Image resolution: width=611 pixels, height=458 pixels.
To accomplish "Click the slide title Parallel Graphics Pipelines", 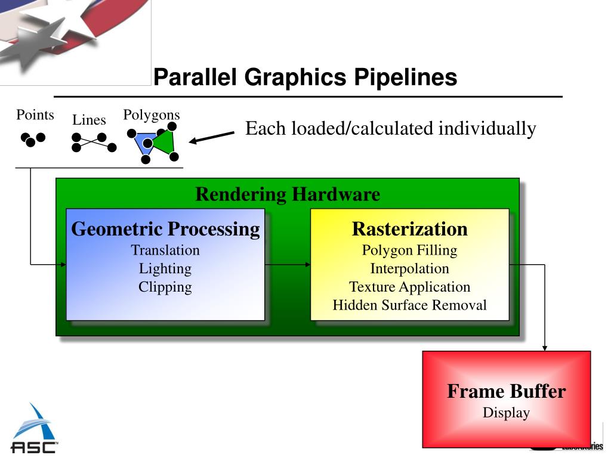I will [305, 78].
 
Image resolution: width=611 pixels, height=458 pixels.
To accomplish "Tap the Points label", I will [35, 114].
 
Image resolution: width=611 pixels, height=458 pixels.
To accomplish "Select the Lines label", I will [89, 120].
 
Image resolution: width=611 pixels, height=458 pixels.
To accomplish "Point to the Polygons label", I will [152, 114].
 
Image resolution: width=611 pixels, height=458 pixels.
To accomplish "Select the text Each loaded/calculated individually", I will [391, 128].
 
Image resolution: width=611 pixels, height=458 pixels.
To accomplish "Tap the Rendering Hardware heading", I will [288, 194].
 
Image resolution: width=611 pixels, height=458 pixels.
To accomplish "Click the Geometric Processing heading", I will [165, 229].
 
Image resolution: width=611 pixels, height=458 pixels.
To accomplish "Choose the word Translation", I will [165, 250].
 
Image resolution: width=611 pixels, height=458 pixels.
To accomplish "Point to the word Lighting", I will [165, 268].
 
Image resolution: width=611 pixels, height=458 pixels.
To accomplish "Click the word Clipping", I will [165, 287].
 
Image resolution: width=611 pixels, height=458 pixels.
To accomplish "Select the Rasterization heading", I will [409, 229].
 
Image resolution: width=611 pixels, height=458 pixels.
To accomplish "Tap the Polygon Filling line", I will [409, 250].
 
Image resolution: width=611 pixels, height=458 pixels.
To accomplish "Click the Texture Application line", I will [409, 287].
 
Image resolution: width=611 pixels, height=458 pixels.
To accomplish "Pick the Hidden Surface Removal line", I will [409, 305].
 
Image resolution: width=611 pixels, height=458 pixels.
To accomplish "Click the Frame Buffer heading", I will [506, 392].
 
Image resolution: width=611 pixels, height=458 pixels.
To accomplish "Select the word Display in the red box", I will [506, 413].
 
